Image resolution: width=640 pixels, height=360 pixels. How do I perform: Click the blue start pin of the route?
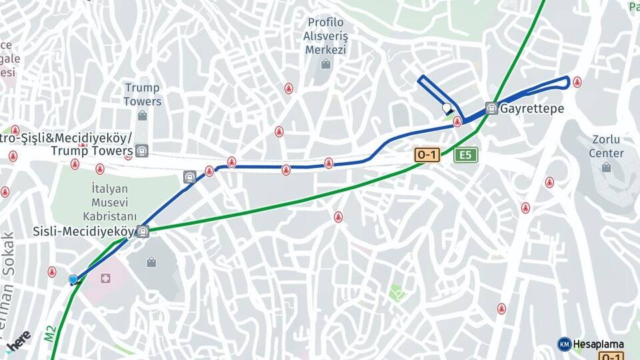coord(73,279)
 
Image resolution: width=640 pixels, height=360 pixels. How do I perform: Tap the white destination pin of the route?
coord(447,107)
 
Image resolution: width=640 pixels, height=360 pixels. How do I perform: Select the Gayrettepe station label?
coord(532,109)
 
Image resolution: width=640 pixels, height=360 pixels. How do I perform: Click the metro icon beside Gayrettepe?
coord(491,108)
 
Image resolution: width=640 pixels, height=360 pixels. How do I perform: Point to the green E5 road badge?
coord(465,155)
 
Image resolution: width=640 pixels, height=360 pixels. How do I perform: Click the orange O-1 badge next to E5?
coord(427,155)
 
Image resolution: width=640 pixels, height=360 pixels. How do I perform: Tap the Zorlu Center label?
coord(607,147)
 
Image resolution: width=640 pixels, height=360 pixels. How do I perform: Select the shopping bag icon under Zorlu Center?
coord(606,167)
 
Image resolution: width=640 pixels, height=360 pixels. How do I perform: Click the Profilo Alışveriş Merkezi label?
coord(326,36)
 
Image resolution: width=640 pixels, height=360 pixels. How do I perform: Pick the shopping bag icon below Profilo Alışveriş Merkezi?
coord(325,64)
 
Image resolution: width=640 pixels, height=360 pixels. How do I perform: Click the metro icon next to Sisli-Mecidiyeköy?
coord(143,232)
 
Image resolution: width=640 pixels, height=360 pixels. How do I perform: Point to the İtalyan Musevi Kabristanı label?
coord(110,202)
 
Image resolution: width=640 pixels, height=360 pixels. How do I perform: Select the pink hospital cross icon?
coord(105,277)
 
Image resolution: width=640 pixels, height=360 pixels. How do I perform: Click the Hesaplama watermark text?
coord(598,345)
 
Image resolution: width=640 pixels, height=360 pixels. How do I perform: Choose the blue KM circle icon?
coord(564,344)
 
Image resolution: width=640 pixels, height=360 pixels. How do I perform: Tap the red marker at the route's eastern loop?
coord(577,82)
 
